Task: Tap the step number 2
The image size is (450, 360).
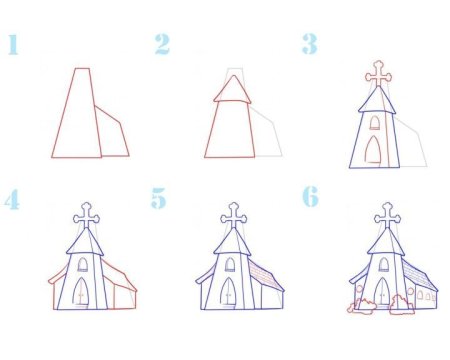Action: tap(162, 44)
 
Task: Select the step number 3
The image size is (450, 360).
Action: tap(310, 44)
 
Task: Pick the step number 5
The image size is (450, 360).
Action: tap(160, 199)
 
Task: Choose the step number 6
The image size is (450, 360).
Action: tap(310, 197)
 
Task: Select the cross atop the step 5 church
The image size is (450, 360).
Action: tap(234, 214)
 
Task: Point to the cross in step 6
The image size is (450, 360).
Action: tap(384, 214)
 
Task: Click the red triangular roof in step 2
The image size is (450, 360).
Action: tap(233, 92)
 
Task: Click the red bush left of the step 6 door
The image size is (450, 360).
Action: tap(362, 305)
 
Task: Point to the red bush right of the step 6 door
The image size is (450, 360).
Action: tap(402, 305)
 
